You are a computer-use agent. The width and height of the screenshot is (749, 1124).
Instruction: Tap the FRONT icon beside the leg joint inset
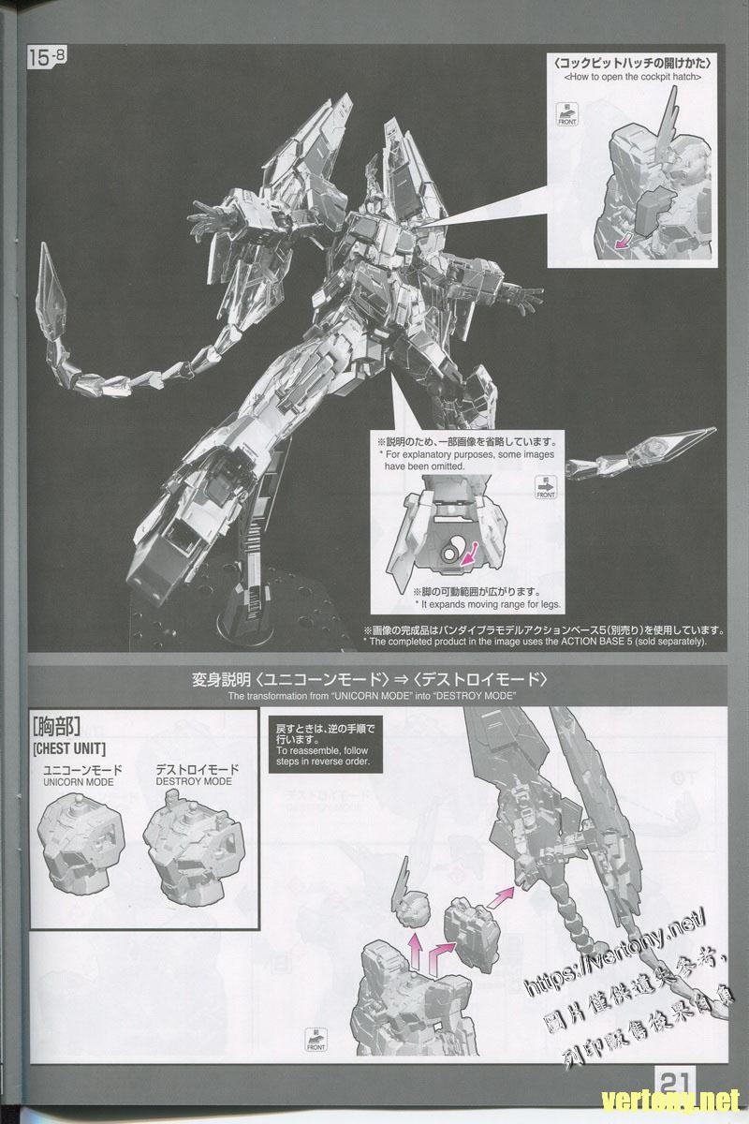(x=545, y=489)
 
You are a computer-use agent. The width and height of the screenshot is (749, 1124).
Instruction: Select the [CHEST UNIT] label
(x=68, y=749)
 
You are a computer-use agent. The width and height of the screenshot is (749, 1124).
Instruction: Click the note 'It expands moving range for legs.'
(x=480, y=604)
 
